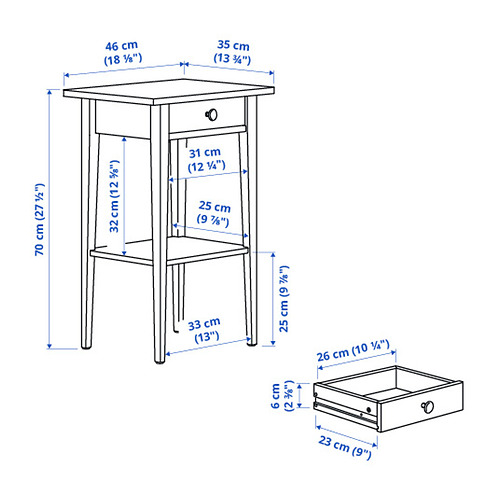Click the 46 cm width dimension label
point(123,52)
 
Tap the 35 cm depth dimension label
point(232,52)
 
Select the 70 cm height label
point(39,219)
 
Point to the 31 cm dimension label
point(205,159)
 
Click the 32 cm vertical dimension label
point(114,196)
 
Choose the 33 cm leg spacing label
point(205,330)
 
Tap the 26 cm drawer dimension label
point(353,350)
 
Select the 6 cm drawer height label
point(282,396)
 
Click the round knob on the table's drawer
point(211,115)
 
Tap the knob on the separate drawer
point(428,407)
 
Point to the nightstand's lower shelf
point(169,251)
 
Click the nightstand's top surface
point(169,92)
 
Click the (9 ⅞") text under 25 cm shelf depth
point(213,220)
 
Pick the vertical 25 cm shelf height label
point(284,299)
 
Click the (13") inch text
point(207,337)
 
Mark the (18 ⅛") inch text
point(123,59)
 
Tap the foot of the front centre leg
point(160,359)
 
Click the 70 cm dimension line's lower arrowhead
point(49,346)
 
